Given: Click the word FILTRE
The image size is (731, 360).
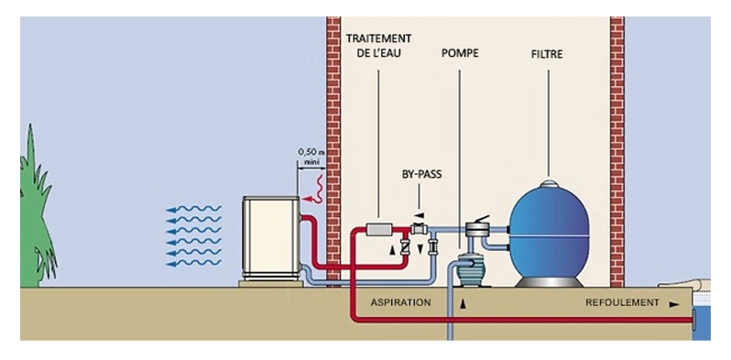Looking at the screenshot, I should pyautogui.click(x=547, y=54).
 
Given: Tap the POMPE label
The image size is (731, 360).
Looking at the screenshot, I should pyautogui.click(x=460, y=54).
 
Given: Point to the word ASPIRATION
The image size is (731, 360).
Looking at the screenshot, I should pyautogui.click(x=400, y=301).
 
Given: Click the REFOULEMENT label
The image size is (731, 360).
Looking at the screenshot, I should pyautogui.click(x=622, y=301).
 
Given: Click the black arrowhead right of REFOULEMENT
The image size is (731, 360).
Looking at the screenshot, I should pyautogui.click(x=675, y=301).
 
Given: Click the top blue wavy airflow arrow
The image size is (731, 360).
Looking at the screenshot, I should pyautogui.click(x=192, y=210).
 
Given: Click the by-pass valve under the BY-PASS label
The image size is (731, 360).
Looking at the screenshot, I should pyautogui.click(x=420, y=228).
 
